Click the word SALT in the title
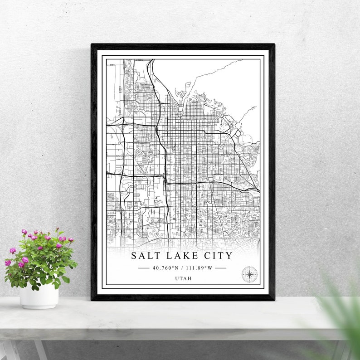click(x=144, y=256)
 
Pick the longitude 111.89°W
click(x=198, y=268)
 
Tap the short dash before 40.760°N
click(x=144, y=268)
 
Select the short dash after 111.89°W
click(x=220, y=268)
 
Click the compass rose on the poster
click(x=249, y=274)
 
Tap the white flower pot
click(x=39, y=297)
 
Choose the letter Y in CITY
click(x=229, y=256)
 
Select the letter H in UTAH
click(x=189, y=278)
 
